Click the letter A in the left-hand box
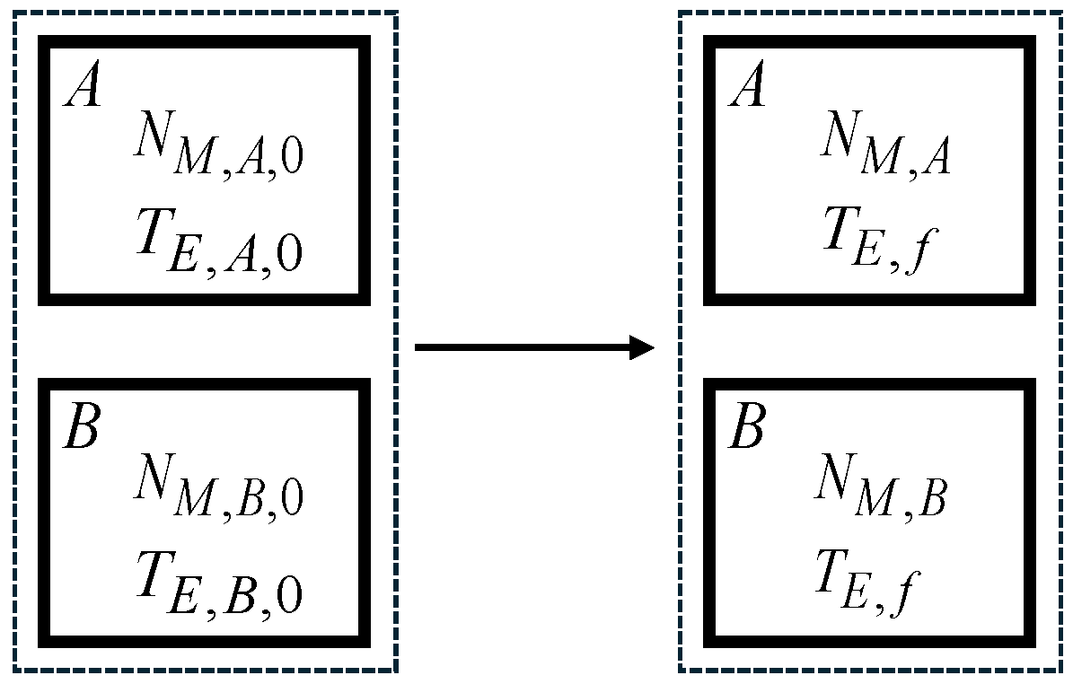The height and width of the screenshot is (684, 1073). [82, 88]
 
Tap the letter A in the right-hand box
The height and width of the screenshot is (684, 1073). [746, 88]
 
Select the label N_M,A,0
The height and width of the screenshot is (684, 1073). [217, 147]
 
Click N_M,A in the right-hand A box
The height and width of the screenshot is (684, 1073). [884, 147]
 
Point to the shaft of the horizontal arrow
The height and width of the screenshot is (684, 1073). [521, 346]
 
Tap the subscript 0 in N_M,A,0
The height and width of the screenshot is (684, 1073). [292, 162]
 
